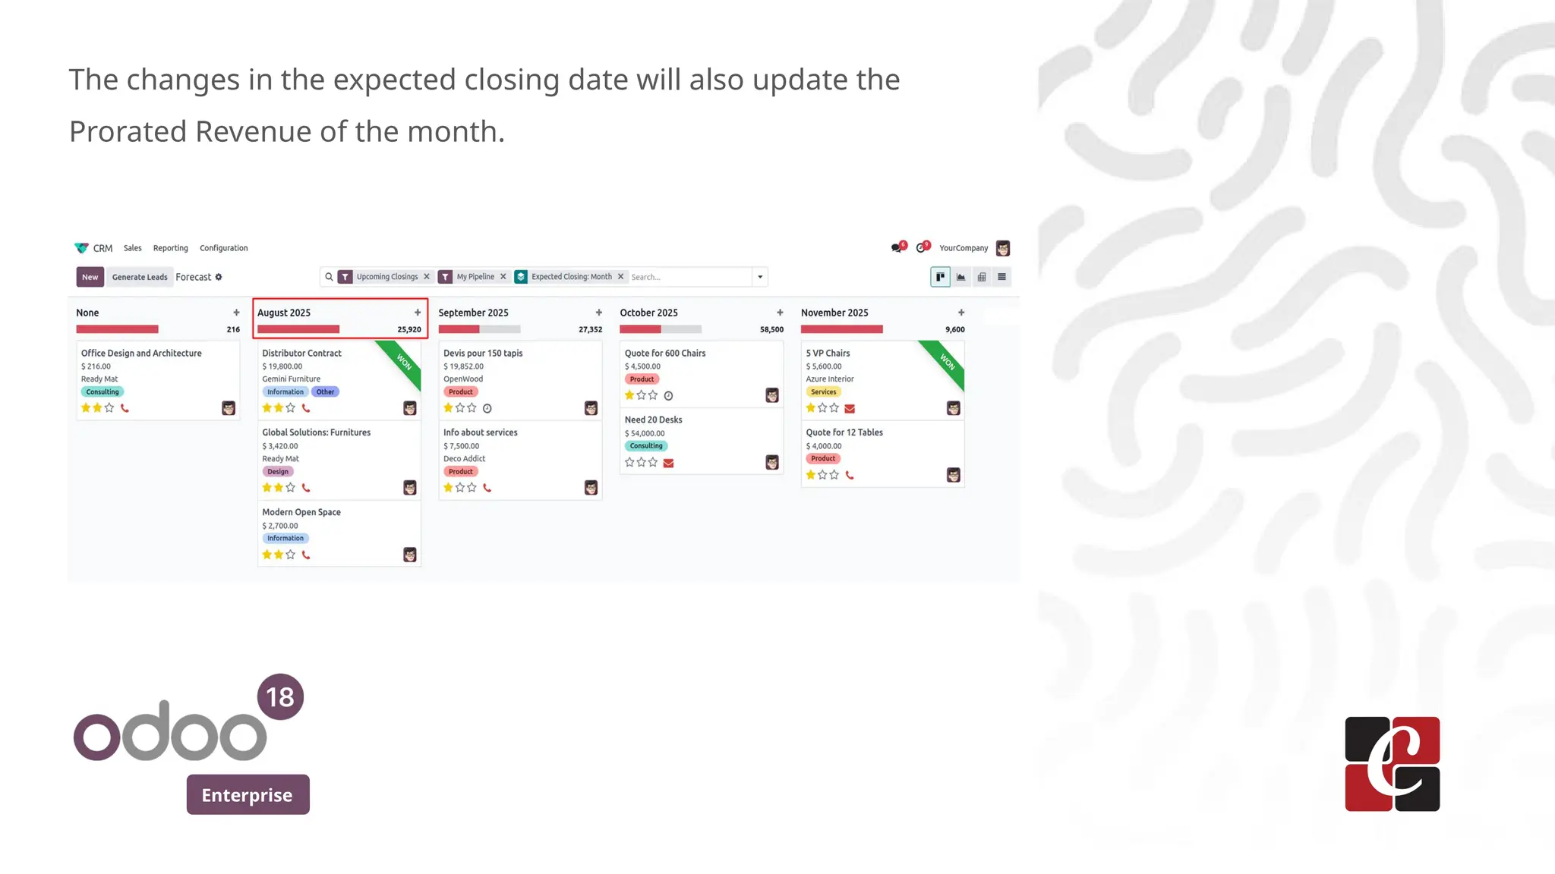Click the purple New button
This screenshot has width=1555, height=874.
tap(90, 277)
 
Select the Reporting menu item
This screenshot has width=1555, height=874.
tap(170, 248)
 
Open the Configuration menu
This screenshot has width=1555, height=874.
tap(223, 248)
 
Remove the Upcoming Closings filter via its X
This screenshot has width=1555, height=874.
tap(427, 277)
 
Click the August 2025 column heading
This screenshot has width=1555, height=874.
tap(284, 313)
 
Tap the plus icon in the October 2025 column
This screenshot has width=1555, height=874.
tap(780, 313)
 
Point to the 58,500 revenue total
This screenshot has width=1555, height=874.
tap(771, 329)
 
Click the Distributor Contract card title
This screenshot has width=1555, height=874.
tap(301, 353)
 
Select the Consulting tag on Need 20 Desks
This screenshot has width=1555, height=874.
tap(646, 446)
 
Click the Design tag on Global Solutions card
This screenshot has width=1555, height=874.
tap(278, 472)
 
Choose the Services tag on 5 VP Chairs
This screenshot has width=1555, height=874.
tap(823, 392)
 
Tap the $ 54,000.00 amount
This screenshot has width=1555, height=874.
tap(645, 433)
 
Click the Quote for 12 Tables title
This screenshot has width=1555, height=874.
tap(844, 432)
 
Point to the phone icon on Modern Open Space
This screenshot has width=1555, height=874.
tap(306, 555)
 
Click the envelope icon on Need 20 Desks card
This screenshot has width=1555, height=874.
tap(668, 463)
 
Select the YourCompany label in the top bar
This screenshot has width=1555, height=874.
tap(964, 248)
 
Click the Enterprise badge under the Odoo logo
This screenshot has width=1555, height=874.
tap(248, 794)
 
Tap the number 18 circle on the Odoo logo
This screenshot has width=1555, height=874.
tap(280, 696)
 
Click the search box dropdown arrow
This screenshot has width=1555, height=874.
tap(760, 277)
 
